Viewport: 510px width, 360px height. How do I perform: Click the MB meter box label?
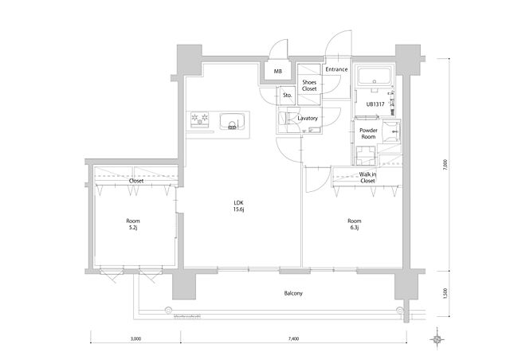point(278,71)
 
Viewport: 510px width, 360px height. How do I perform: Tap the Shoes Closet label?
point(309,85)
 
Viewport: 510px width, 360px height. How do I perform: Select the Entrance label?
point(336,69)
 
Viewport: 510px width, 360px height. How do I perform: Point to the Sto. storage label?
point(287,96)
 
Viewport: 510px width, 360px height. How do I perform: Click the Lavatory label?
point(308,119)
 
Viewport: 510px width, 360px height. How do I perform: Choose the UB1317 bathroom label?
point(375,104)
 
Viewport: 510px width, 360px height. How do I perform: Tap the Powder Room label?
point(368,134)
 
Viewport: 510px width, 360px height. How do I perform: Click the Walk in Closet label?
point(367,178)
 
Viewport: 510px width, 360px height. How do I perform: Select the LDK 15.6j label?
point(239,205)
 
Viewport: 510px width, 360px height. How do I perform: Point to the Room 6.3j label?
point(354,224)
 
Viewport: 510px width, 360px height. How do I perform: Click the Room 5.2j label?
point(133,224)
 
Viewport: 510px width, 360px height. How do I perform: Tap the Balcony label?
point(293,293)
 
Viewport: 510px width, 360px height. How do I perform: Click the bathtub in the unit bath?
point(375,76)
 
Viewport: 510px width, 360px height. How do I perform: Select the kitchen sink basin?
point(232,122)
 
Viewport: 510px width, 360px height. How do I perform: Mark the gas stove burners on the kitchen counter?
point(200,119)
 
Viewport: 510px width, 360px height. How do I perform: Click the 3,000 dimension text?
point(135,338)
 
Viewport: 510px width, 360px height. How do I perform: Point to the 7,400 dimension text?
point(293,338)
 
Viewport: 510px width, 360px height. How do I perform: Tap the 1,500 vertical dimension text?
point(445,293)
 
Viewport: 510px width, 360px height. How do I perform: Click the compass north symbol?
point(437,339)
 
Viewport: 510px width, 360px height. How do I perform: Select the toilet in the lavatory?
point(282,119)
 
